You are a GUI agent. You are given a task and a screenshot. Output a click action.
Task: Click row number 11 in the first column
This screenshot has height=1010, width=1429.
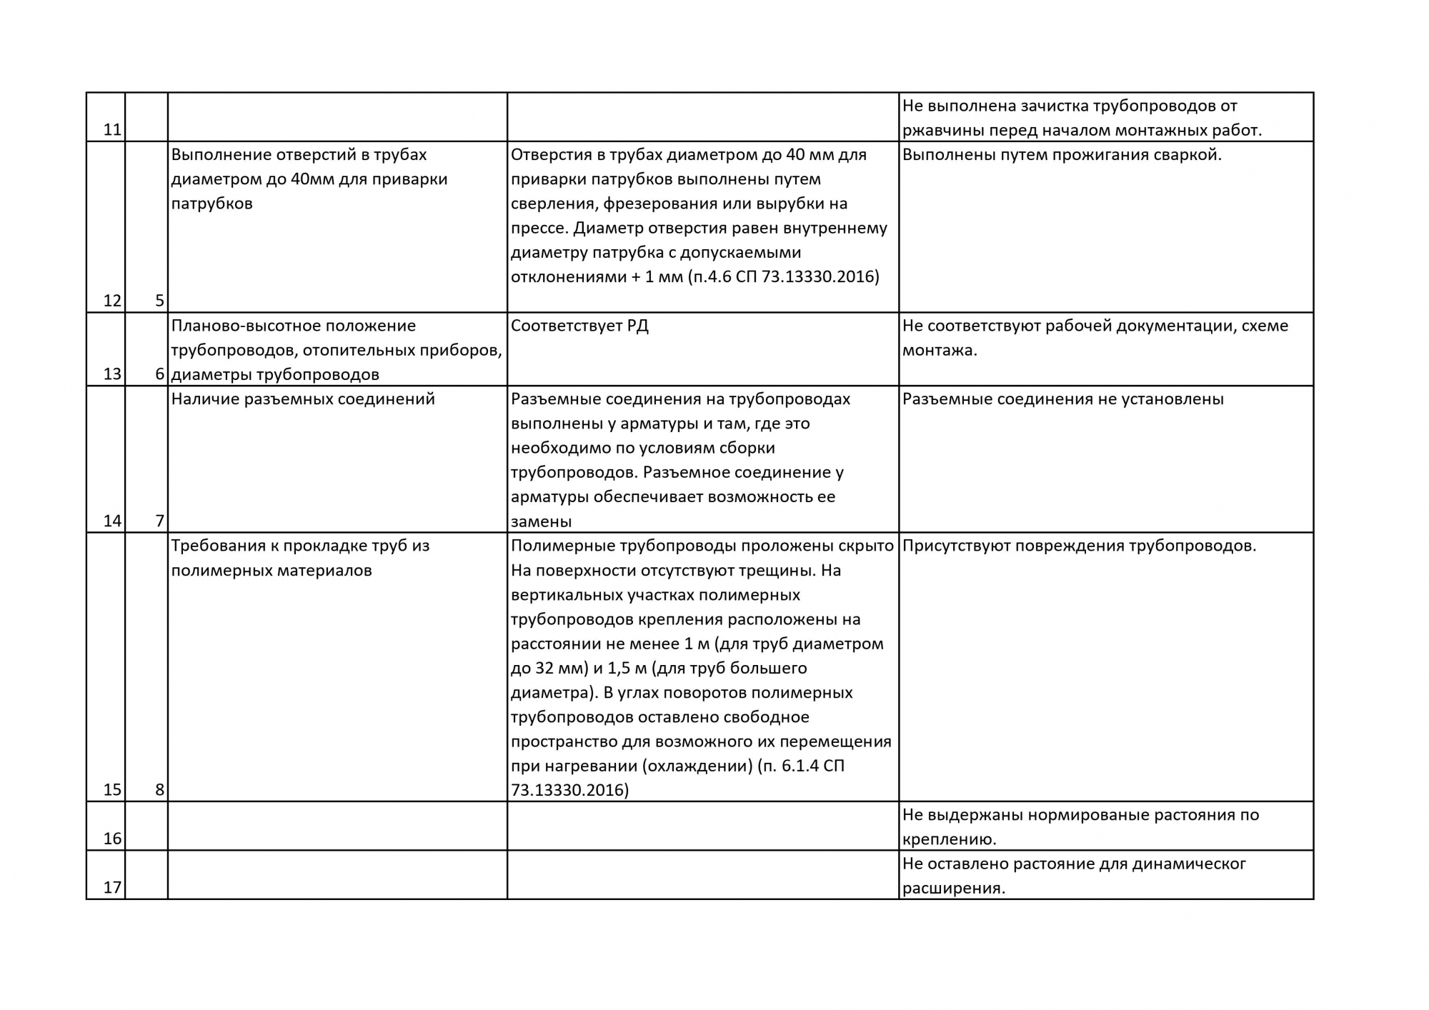click(x=112, y=130)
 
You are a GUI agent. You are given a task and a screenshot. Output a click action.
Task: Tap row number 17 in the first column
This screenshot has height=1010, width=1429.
click(x=112, y=888)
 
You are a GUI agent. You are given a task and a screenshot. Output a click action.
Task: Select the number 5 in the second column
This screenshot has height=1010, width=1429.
click(x=159, y=301)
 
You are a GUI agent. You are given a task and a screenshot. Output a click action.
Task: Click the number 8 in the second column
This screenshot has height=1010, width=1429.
click(x=159, y=790)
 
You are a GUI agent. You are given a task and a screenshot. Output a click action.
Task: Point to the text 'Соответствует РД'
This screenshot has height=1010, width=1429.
click(x=579, y=326)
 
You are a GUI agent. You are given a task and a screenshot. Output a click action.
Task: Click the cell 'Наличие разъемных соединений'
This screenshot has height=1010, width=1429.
click(x=303, y=399)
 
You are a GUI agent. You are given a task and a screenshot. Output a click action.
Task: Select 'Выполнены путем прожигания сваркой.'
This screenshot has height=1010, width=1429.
click(x=1062, y=155)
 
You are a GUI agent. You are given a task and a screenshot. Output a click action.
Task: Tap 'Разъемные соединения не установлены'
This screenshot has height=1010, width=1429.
click(x=1062, y=399)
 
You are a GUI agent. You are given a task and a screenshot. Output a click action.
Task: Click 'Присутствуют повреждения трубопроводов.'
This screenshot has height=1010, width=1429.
click(x=1079, y=546)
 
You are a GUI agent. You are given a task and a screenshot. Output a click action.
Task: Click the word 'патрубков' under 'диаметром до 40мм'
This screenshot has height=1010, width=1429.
click(x=211, y=204)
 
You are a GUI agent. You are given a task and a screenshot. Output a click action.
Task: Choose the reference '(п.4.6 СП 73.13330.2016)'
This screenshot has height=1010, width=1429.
click(x=784, y=277)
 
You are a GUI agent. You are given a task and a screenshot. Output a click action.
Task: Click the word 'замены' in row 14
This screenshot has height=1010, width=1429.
click(x=541, y=521)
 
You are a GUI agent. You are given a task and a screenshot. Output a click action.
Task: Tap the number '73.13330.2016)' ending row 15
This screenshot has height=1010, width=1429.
click(x=569, y=790)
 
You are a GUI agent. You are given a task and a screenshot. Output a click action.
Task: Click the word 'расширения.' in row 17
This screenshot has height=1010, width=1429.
click(x=954, y=889)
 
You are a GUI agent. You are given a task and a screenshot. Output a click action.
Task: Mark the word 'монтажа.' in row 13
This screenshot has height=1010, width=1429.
click(x=940, y=351)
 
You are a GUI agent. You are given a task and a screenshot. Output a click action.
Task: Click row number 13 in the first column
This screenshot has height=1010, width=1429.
click(x=112, y=374)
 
